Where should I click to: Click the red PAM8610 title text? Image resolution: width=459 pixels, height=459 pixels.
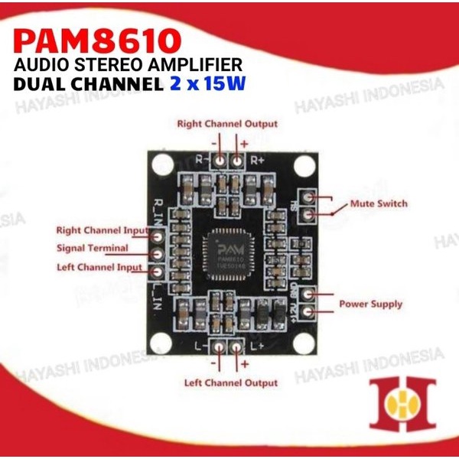pyautogui.click(x=99, y=37)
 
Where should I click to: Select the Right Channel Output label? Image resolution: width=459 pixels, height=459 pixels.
pyautogui.click(x=227, y=123)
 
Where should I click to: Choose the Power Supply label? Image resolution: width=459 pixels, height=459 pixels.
pyautogui.click(x=375, y=304)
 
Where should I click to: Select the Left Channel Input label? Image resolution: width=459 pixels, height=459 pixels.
pyautogui.click(x=99, y=267)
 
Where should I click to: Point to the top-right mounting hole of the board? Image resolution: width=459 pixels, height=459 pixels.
pyautogui.click(x=304, y=164)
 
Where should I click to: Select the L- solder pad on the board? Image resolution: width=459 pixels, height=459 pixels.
pyautogui.click(x=219, y=348)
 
